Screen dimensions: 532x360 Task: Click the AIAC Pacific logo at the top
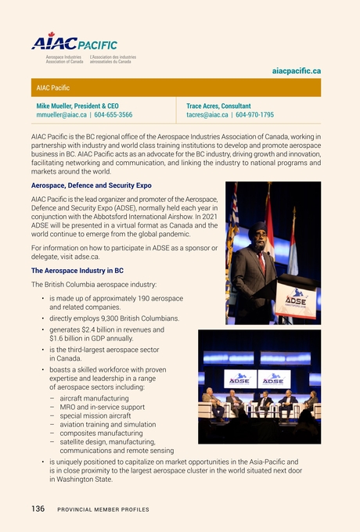point(74,46)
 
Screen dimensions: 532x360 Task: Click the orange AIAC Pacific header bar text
point(53,88)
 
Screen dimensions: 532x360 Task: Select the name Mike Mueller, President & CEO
point(78,106)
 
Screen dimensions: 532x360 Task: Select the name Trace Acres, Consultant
point(218,106)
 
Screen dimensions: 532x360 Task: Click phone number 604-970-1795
point(255,115)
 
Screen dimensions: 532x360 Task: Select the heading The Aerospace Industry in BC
point(77,269)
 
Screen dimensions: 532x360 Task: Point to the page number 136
point(38,509)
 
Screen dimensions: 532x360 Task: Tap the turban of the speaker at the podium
point(257,230)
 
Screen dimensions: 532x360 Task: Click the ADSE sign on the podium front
point(296,301)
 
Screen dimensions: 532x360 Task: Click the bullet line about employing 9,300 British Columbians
point(114,318)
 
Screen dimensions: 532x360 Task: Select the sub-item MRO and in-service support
point(102,407)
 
